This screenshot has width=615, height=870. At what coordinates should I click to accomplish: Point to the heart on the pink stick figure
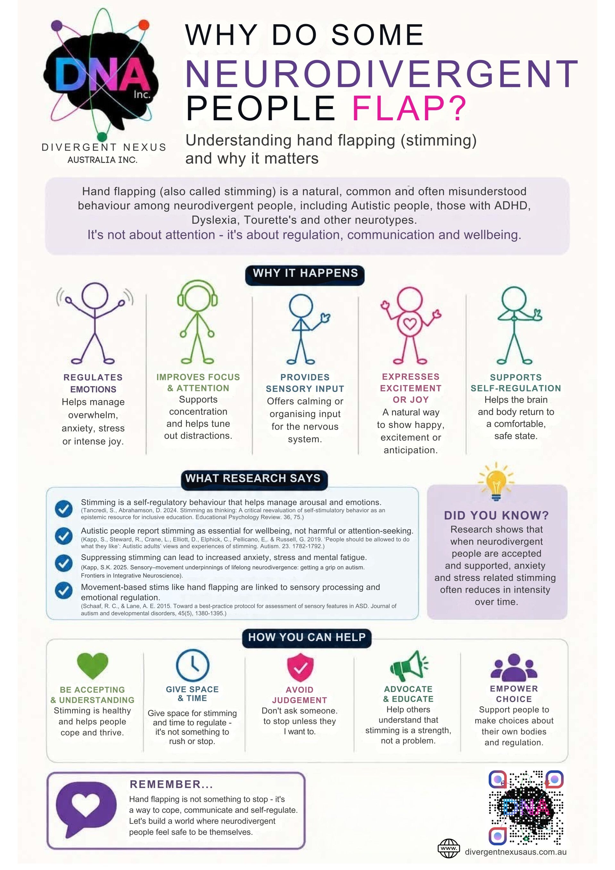tap(410, 323)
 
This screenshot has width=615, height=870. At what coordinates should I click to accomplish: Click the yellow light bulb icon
tap(496, 481)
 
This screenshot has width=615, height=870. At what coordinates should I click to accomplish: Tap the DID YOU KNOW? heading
tap(496, 515)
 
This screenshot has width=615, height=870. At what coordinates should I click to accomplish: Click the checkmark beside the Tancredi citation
tap(64, 508)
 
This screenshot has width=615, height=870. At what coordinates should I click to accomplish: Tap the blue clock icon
tap(193, 665)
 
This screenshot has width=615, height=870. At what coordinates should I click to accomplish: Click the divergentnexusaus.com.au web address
tap(515, 852)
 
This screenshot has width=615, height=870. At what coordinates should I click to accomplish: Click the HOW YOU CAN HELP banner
tap(307, 638)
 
